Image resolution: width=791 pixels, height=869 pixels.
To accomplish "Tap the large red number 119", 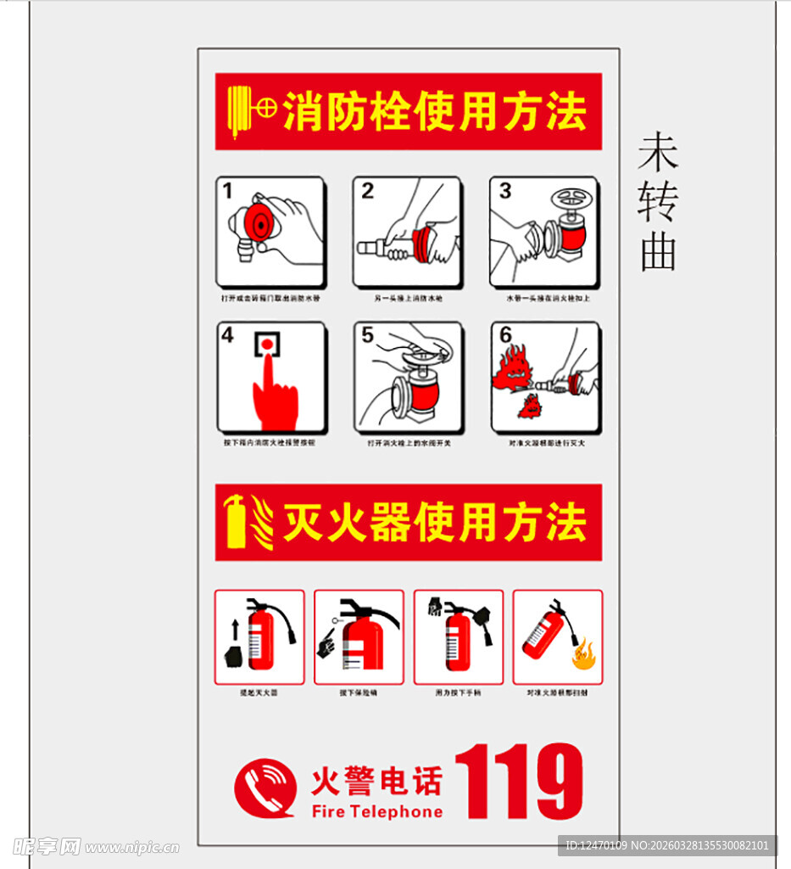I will [519, 782].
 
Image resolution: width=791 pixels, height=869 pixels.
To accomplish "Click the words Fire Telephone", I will [377, 811].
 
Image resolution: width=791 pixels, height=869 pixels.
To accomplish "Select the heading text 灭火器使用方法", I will [434, 522].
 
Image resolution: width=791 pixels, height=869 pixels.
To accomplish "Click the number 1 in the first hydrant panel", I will [227, 191].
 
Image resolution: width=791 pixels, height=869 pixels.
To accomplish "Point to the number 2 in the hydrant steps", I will [367, 191].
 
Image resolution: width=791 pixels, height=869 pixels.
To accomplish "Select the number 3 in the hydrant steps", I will [505, 191].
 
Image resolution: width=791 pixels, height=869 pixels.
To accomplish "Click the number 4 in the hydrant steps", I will [227, 335].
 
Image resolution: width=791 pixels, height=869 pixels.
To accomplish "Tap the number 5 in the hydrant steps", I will [367, 335].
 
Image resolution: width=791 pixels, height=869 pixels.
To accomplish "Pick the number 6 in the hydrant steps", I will [505, 335].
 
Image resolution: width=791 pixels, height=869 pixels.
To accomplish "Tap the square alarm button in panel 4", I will [267, 343].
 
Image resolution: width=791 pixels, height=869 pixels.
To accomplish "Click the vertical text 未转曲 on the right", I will [659, 202].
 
